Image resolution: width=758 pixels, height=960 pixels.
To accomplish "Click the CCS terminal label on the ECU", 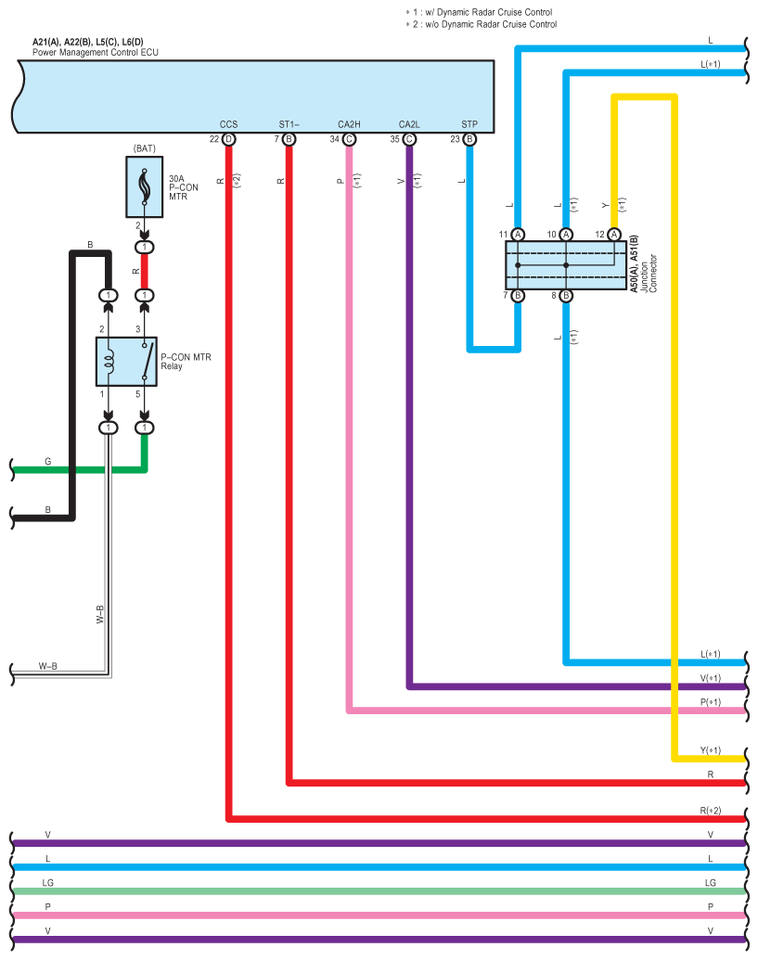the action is [228, 124].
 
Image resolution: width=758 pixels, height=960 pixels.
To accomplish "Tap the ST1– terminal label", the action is [289, 124].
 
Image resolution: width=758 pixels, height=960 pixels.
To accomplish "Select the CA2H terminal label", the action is [349, 124].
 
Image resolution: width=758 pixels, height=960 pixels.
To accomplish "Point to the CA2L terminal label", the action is [409, 124].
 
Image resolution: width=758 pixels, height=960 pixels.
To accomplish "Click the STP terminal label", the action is [469, 124].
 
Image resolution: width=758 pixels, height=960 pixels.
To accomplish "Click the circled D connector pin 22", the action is [228, 139].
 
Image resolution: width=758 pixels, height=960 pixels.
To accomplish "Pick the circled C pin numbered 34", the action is [349, 139].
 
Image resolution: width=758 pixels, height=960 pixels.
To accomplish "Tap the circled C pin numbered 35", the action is [409, 139].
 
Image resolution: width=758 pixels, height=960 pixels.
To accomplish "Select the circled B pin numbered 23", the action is [469, 139].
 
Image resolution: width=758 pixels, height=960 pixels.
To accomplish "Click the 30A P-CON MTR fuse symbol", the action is [145, 186].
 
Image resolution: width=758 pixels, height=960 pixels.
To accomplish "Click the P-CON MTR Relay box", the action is [127, 361].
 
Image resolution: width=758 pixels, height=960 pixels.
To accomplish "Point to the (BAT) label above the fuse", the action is [145, 148].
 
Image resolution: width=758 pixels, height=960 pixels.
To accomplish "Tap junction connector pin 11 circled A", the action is [518, 235].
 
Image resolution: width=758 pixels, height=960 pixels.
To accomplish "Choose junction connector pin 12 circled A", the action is [614, 235].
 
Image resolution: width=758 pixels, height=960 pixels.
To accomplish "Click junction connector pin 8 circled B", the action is [566, 296].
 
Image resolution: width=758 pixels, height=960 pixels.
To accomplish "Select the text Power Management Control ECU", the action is [96, 53].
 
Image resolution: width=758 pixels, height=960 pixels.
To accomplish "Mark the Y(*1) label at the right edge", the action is [711, 750].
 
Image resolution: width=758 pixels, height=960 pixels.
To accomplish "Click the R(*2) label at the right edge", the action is [711, 811].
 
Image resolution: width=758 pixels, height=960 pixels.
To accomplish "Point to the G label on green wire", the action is [47, 462].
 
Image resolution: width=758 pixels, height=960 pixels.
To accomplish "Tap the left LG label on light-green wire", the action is [47, 883].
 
